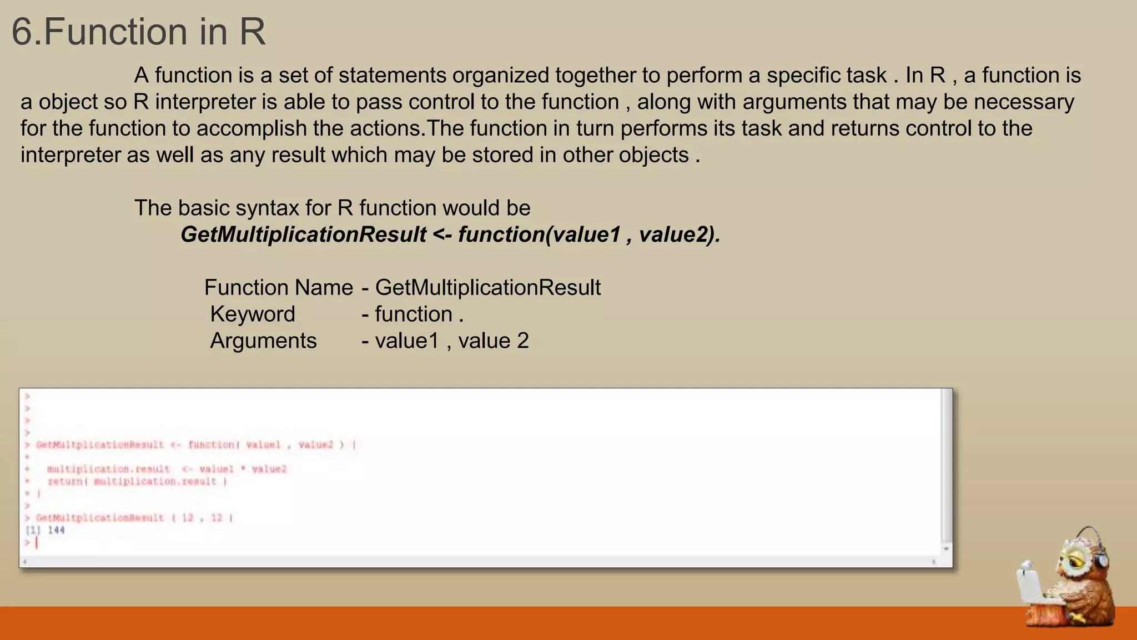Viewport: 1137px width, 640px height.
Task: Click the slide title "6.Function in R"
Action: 138,32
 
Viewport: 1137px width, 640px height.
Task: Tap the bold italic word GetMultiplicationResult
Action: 303,234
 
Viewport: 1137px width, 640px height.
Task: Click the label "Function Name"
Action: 278,288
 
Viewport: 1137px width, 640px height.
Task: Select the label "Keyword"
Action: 253,314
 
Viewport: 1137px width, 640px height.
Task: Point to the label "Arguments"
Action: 263,341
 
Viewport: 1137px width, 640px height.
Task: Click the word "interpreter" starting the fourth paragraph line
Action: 70,155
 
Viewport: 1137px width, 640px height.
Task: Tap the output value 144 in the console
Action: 56,531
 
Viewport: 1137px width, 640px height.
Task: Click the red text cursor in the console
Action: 37,543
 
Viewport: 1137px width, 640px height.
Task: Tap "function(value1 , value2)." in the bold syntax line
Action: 588,234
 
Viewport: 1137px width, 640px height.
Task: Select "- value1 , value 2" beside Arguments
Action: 445,341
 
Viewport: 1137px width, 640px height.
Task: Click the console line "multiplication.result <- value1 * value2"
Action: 167,469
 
